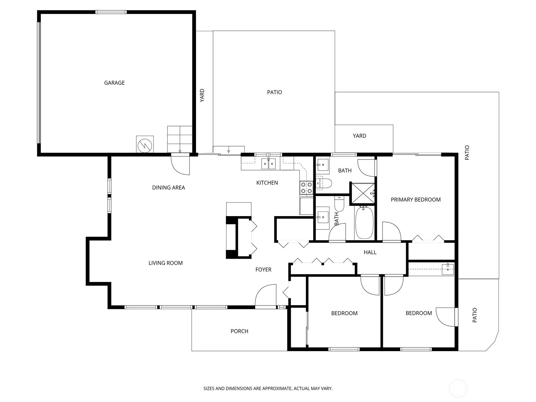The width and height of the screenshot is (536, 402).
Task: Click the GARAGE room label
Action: coord(114,83)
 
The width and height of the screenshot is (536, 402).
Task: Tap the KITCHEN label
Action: coord(267,183)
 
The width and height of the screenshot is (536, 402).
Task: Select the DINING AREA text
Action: coord(169,188)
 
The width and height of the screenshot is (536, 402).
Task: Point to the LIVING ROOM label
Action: coord(165,263)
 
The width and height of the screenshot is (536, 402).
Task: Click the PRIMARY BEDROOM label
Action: coord(416,200)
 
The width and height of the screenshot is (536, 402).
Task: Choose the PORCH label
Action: coord(239,331)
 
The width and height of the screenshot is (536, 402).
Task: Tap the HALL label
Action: coord(370,252)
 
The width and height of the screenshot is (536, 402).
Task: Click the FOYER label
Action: coord(263,269)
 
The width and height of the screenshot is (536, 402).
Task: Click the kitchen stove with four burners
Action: coord(306,188)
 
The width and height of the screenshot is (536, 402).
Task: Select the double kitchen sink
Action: coord(268,163)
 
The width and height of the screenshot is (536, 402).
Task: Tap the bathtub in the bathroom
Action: coord(364,222)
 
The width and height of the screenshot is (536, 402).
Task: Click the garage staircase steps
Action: coord(180,139)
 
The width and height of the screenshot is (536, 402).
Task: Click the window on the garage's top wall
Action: coord(111,12)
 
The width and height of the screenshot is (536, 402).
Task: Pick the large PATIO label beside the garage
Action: coord(274,92)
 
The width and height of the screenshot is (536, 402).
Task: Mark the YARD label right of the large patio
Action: coord(359,136)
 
